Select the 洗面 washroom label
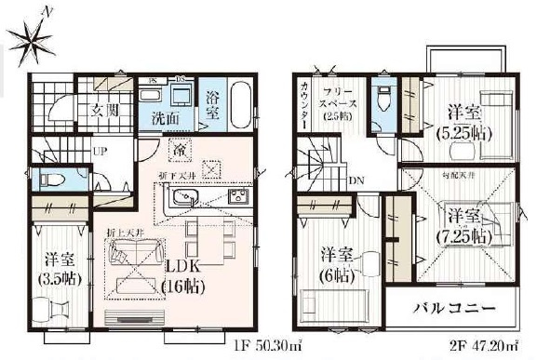(167, 118)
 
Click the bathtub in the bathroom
(239, 105)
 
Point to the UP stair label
(98, 151)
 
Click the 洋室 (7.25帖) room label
(463, 225)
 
